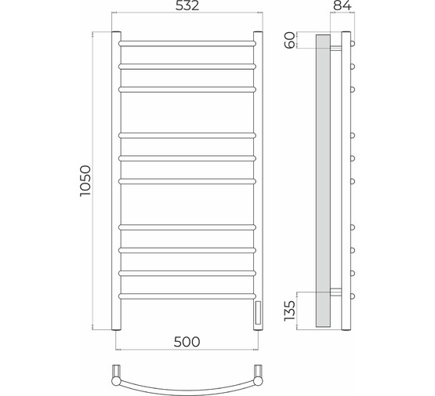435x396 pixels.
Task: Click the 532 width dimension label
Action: coord(187,5)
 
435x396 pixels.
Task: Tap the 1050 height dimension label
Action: coord(85,181)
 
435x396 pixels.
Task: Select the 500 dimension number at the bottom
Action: coord(187,342)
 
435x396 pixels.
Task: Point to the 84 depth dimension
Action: coord(342,5)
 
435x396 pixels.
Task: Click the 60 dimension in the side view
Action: coord(290,40)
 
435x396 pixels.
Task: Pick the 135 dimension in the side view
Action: coord(290,311)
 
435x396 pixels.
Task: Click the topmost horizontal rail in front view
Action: coord(187,44)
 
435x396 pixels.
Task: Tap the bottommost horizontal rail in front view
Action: coord(187,296)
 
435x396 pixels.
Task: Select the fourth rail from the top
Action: coord(187,136)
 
